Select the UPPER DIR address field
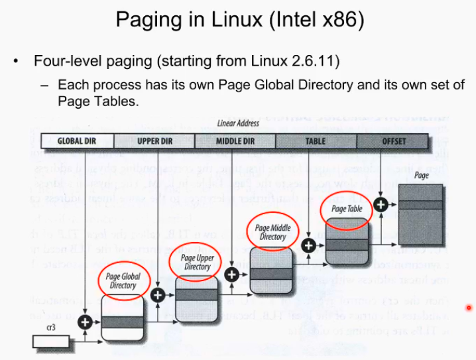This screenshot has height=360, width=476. [154, 141]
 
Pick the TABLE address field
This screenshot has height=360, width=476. [315, 141]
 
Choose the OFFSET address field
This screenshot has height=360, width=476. [394, 141]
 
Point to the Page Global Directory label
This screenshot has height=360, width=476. [123, 281]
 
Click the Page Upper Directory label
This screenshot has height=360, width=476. [197, 262]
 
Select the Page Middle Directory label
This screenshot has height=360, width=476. [272, 232]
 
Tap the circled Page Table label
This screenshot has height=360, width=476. [346, 209]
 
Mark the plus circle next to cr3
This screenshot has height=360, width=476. [86, 322]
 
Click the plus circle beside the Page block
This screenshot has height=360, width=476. [381, 204]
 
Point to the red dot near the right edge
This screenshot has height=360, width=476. [469, 308]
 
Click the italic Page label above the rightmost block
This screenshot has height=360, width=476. [422, 175]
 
